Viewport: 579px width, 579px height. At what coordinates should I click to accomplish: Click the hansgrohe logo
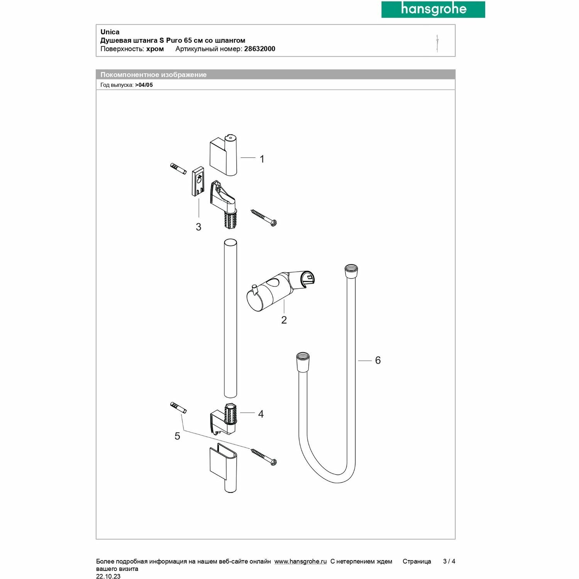coord(433,9)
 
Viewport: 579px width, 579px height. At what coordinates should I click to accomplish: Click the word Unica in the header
coord(110,32)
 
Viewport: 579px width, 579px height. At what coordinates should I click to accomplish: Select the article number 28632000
coord(259,49)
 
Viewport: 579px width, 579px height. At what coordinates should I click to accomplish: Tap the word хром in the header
coord(155,49)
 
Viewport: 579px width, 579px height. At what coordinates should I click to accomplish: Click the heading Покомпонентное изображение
coord(153,75)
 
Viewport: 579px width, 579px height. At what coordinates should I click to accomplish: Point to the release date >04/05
coord(144,85)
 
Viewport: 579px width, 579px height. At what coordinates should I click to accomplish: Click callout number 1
coord(262,159)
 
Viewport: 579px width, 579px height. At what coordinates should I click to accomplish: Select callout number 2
coord(284,320)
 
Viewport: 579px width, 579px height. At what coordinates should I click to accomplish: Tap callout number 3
coord(198,227)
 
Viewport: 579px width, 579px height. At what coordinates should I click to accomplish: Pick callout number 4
coord(261,414)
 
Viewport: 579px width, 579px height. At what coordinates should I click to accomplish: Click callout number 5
coord(177,436)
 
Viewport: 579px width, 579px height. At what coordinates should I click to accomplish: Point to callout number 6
coord(378,361)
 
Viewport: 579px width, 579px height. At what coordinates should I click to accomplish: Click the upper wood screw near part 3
coord(264,218)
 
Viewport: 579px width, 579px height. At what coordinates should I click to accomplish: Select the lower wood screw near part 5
coord(264,457)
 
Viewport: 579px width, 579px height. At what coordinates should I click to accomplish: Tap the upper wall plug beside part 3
coord(178,169)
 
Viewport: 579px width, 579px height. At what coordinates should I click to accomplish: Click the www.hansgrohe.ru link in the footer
coord(300,562)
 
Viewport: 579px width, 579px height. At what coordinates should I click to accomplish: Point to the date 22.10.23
coord(108,576)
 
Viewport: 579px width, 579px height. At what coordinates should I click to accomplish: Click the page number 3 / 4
coord(449,562)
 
